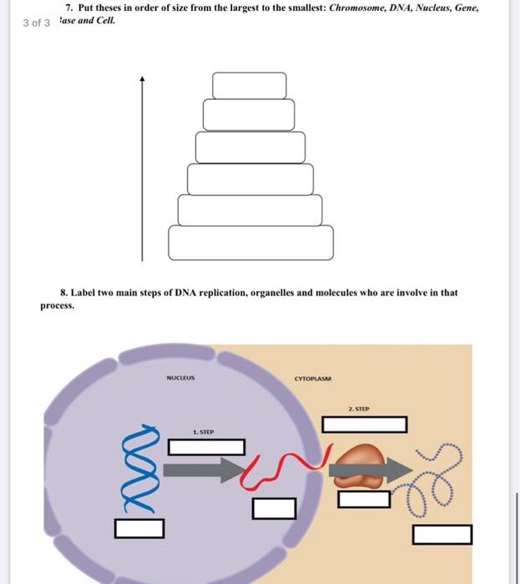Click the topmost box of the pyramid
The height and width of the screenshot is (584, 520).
point(249,85)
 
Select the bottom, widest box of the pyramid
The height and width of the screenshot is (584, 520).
point(250,242)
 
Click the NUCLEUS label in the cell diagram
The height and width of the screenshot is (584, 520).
point(180,377)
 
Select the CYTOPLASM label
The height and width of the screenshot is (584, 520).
point(313,378)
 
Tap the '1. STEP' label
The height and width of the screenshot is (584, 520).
point(204,432)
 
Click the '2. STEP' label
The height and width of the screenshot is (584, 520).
point(361,410)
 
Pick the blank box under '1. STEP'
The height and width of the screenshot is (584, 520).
point(206,447)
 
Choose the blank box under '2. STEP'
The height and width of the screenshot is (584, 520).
point(364,425)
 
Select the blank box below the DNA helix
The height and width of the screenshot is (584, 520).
point(139,527)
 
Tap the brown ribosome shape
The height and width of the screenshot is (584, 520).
point(360,467)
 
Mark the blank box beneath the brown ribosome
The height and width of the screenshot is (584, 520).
point(364,499)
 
